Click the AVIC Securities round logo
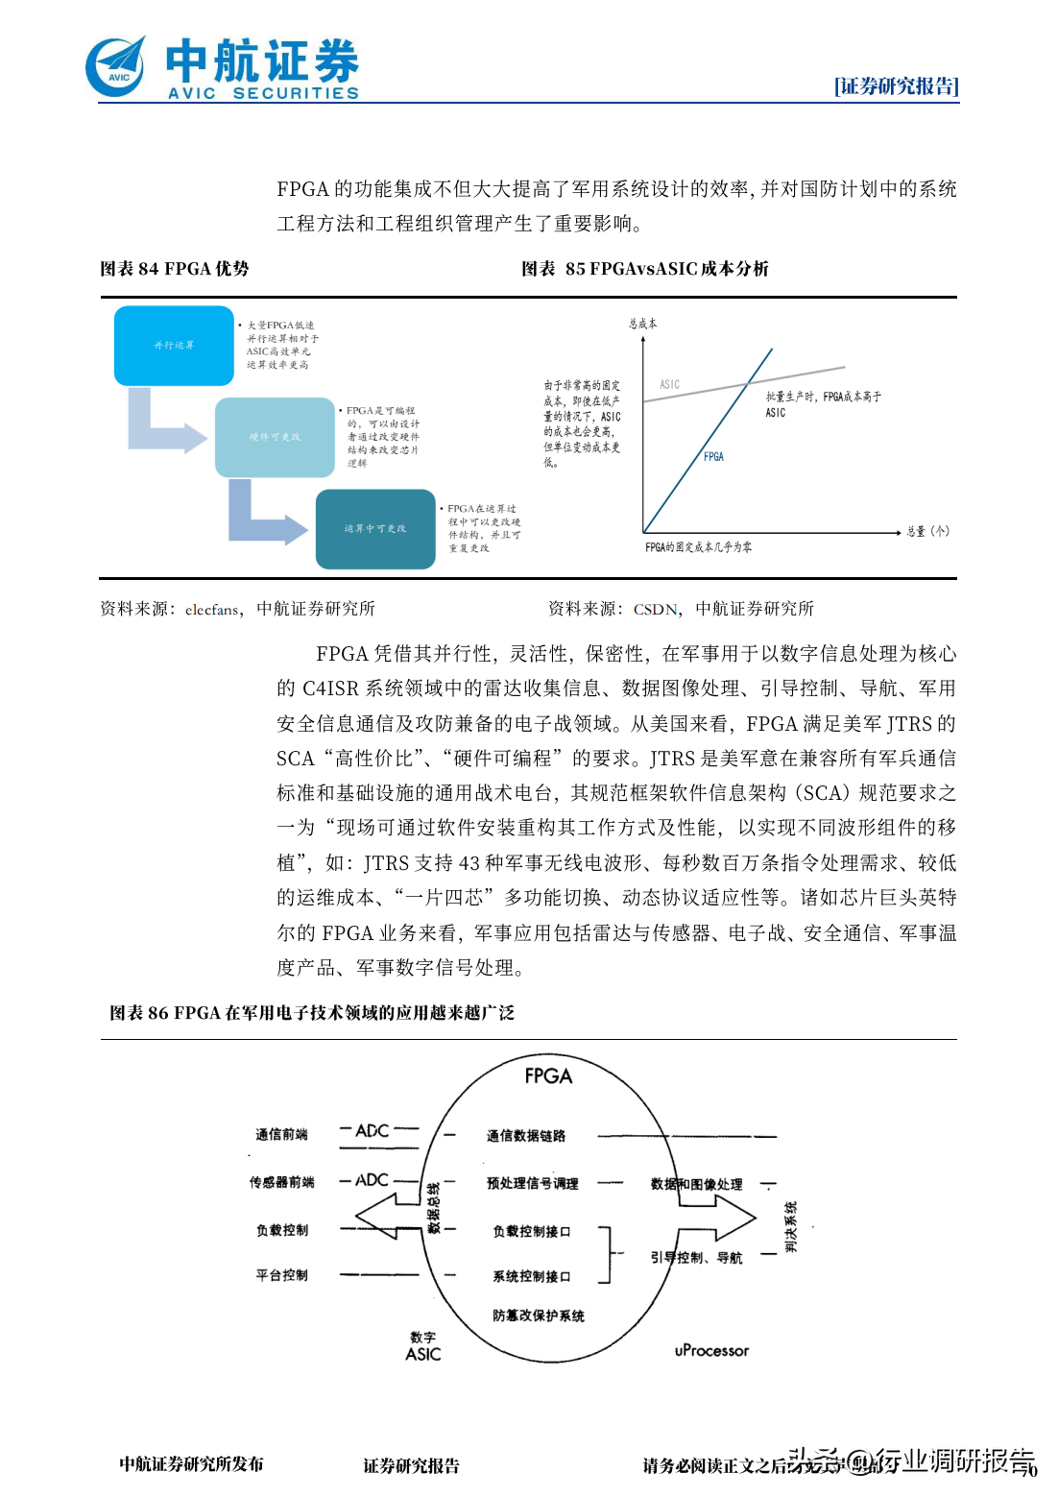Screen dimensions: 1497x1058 tap(116, 67)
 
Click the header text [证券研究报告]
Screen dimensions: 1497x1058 tap(896, 86)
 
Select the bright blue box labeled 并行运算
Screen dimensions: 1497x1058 tap(174, 346)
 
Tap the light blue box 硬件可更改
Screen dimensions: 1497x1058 tap(275, 437)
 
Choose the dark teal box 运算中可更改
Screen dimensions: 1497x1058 tap(375, 529)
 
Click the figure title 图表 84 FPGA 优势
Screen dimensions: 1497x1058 tap(175, 269)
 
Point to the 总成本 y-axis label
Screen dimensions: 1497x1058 tap(642, 324)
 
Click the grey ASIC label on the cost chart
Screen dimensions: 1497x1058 tap(669, 385)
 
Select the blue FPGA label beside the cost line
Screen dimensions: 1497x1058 tap(713, 457)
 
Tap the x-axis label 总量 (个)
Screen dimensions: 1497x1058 tap(927, 531)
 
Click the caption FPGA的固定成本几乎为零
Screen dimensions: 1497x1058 tap(698, 547)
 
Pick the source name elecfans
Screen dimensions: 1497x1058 tap(212, 610)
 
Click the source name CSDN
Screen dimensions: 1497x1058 tap(657, 610)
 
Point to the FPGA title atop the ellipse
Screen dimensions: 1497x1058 tap(548, 1076)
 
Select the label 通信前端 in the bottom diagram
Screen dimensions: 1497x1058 tap(281, 1135)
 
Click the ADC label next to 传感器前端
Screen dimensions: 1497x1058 tap(372, 1180)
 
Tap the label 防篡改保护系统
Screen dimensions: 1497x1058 tap(538, 1316)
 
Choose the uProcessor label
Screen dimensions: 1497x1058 tap(711, 1351)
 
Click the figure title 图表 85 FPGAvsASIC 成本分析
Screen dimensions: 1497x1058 tap(644, 269)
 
